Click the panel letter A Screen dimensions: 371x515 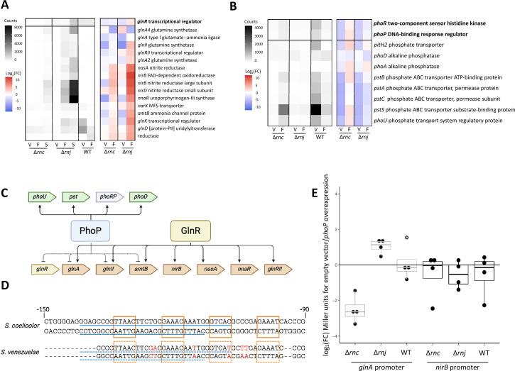tap(6, 6)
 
